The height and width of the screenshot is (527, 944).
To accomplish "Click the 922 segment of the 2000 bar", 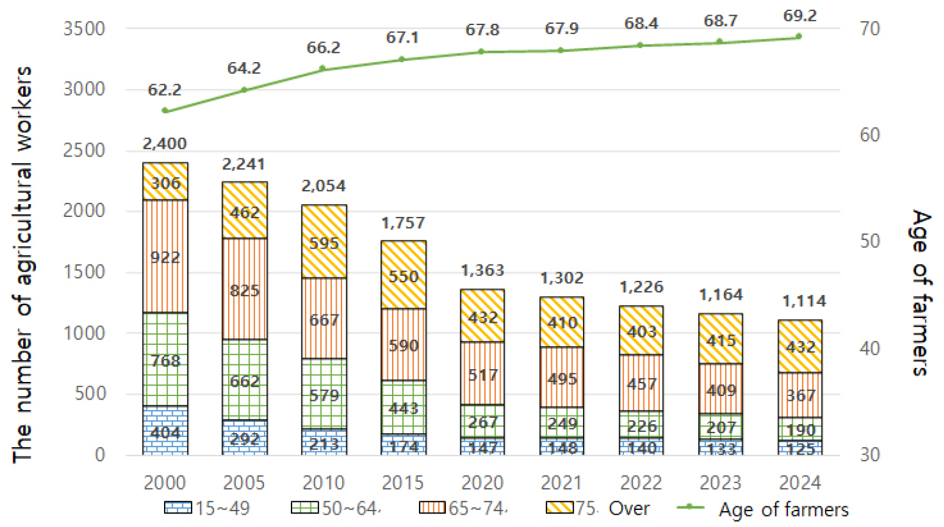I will click(x=165, y=256).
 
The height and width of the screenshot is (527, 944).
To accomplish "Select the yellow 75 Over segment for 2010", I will click(x=324, y=242).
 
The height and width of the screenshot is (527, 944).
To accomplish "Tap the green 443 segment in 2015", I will click(x=403, y=407).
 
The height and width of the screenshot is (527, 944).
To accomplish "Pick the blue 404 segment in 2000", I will click(x=165, y=431).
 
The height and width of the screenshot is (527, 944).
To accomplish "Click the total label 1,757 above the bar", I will click(x=403, y=223).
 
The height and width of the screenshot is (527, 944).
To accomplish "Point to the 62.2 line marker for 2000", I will click(x=165, y=111).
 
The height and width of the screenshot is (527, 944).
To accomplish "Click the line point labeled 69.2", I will click(x=799, y=37).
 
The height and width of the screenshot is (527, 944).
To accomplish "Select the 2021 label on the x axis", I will click(x=562, y=483).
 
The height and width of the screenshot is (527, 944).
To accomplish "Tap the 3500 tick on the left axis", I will click(x=84, y=29).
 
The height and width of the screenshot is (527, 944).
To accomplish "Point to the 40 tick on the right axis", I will click(x=870, y=348).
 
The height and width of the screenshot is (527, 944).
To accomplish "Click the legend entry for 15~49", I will click(x=207, y=508).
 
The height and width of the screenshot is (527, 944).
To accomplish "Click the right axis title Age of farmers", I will click(x=921, y=292).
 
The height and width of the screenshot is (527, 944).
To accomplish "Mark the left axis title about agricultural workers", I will click(x=23, y=265).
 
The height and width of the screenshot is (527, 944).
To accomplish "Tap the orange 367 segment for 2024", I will click(x=800, y=395).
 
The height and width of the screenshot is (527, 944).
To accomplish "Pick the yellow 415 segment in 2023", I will click(x=721, y=339).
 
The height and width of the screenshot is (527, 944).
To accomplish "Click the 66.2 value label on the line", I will click(x=323, y=48).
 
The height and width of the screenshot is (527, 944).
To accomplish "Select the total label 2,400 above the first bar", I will click(x=165, y=144).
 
